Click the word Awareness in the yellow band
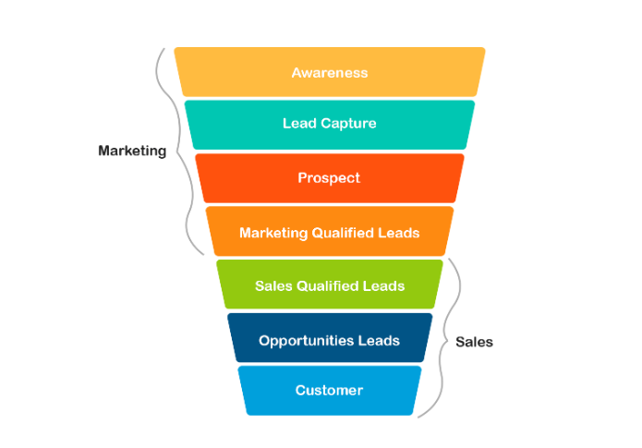click(x=330, y=72)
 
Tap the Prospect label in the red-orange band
click(x=329, y=177)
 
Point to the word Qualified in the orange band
click(x=342, y=233)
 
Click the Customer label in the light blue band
click(x=329, y=390)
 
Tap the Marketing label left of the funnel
click(x=132, y=151)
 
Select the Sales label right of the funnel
click(x=474, y=342)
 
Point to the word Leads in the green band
click(x=384, y=285)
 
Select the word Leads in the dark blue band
click(x=380, y=340)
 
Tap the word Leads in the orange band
click(x=399, y=233)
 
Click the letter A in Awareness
click(x=297, y=72)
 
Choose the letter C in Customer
click(x=300, y=390)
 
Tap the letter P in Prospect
click(x=302, y=177)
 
